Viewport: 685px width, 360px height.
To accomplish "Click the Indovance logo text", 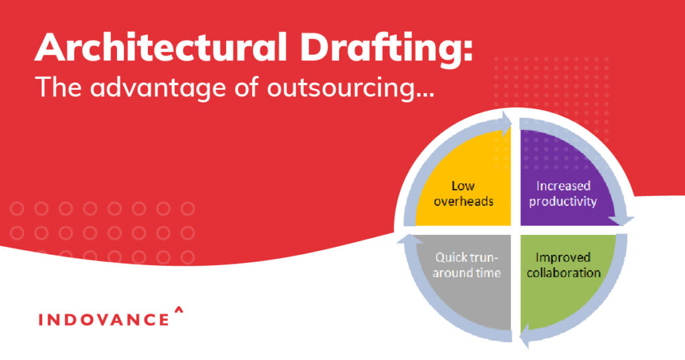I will click(104, 319).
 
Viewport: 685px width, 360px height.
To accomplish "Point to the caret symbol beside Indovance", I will click(178, 310).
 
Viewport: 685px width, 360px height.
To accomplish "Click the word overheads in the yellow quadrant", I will click(464, 201).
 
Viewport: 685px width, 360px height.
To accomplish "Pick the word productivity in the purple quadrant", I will click(563, 201).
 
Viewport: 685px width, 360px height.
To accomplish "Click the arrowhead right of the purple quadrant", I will click(625, 218).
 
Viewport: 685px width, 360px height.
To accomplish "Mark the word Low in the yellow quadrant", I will click(463, 185).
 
